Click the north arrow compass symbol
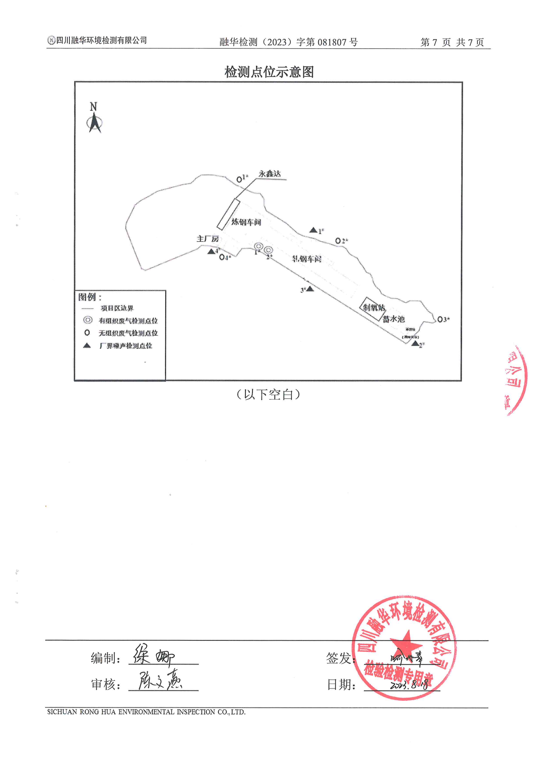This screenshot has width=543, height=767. pyautogui.click(x=94, y=122)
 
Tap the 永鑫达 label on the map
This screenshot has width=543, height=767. pyautogui.click(x=269, y=174)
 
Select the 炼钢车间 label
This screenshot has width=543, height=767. pyautogui.click(x=246, y=222)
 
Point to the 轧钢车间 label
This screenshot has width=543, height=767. pyautogui.click(x=306, y=259)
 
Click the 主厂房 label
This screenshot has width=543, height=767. pyautogui.click(x=207, y=239)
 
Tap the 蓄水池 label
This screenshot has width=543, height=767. pyautogui.click(x=394, y=319)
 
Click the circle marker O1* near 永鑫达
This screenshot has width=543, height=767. pyautogui.click(x=239, y=180)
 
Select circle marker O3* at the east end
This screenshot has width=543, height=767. pyautogui.click(x=440, y=319)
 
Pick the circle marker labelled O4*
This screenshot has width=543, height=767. pyautogui.click(x=222, y=257)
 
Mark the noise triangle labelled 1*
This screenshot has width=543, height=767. pyautogui.click(x=313, y=230)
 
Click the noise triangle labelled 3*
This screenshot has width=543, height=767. pyautogui.click(x=310, y=289)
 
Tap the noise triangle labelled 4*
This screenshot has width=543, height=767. pyautogui.click(x=211, y=251)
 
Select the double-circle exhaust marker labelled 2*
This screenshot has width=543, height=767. pyautogui.click(x=268, y=250)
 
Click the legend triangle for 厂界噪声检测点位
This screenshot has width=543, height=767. pyautogui.click(x=87, y=346)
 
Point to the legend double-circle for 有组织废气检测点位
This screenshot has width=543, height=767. pyautogui.click(x=88, y=320)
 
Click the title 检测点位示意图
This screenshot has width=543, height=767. pyautogui.click(x=269, y=72)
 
